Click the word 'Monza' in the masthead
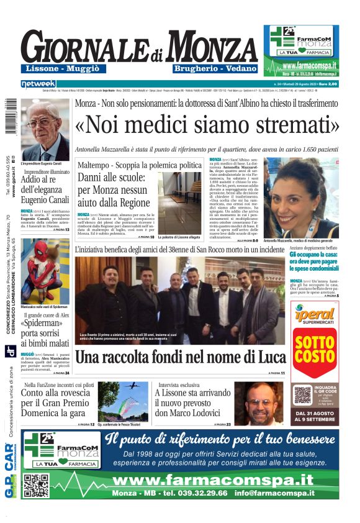click(x=204, y=47)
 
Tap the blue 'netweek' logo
click(x=38, y=84)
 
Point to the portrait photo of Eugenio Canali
click(x=45, y=129)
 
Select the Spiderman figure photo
click(x=45, y=271)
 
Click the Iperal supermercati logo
click(x=315, y=316)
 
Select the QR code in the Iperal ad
click(x=302, y=395)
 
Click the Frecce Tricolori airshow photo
click(x=123, y=401)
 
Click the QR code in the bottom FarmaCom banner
click(x=37, y=485)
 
